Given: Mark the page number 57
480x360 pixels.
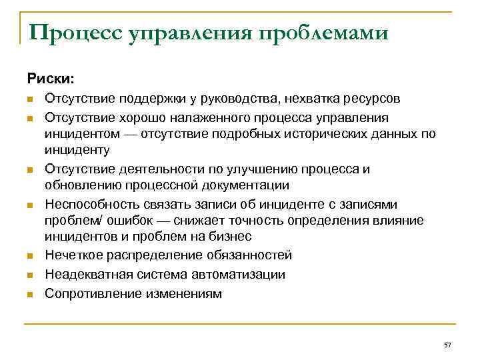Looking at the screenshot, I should pyautogui.click(x=447, y=345).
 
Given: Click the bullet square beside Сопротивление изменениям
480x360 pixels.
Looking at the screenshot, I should pyautogui.click(x=31, y=293).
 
